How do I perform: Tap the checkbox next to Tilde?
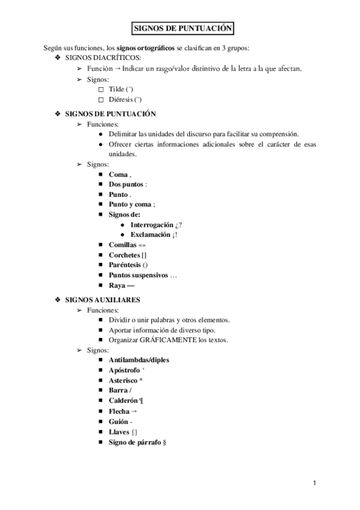(x=100, y=89)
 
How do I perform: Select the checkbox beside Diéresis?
(x=100, y=99)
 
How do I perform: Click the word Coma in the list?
(x=118, y=174)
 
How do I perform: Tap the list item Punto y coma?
(x=130, y=204)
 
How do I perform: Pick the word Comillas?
(x=123, y=245)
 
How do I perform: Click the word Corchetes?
(x=124, y=255)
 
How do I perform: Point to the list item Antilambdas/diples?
(x=139, y=360)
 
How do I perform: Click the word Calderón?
(x=124, y=401)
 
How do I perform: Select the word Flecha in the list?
(x=119, y=411)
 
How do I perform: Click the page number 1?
(x=314, y=483)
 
